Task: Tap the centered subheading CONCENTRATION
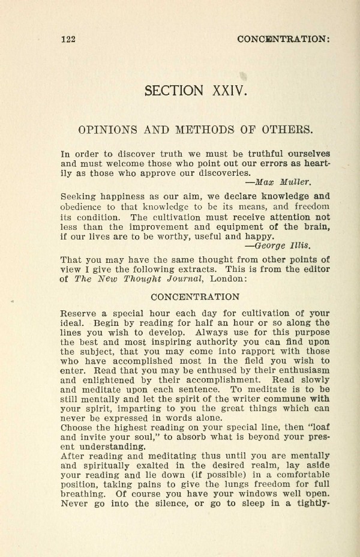pos(194,297)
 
